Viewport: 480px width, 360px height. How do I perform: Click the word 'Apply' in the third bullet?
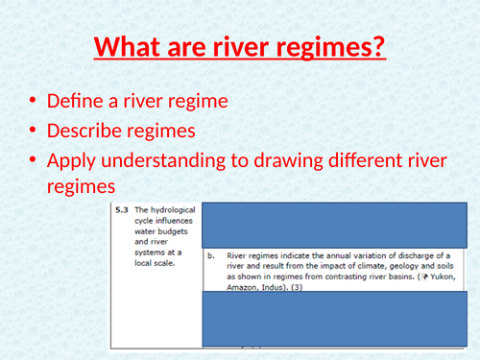pyautogui.click(x=71, y=160)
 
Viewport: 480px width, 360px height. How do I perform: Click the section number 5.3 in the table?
pyautogui.click(x=120, y=209)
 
